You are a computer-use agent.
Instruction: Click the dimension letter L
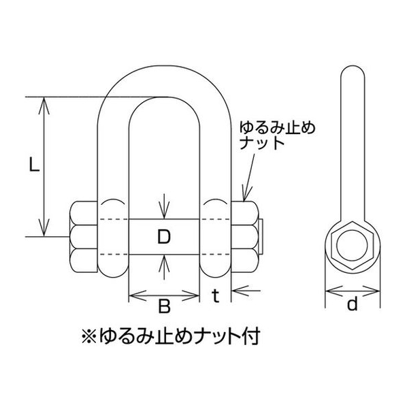coord(34,165)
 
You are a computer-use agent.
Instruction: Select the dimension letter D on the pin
coord(164,237)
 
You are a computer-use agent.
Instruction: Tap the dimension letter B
coord(164,306)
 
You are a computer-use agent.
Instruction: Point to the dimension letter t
coord(216,296)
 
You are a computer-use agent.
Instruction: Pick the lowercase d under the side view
coord(353,304)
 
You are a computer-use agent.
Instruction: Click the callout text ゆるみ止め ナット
coord(277,135)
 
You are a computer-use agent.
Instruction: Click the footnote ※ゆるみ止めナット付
coord(171,337)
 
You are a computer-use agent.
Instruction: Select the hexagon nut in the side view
coord(353,246)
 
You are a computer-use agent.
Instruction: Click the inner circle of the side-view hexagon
coord(353,246)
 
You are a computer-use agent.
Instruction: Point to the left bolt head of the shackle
coord(83,237)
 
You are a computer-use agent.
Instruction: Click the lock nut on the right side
coord(245,237)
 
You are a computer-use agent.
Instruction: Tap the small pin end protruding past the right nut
coord(261,237)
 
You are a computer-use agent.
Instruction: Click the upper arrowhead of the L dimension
coord(44,105)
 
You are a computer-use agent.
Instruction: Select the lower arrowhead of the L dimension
coord(44,227)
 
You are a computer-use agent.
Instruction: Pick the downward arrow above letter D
coord(164,206)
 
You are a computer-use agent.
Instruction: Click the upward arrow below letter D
coord(164,267)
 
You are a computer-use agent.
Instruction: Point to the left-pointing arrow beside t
coord(246,291)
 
